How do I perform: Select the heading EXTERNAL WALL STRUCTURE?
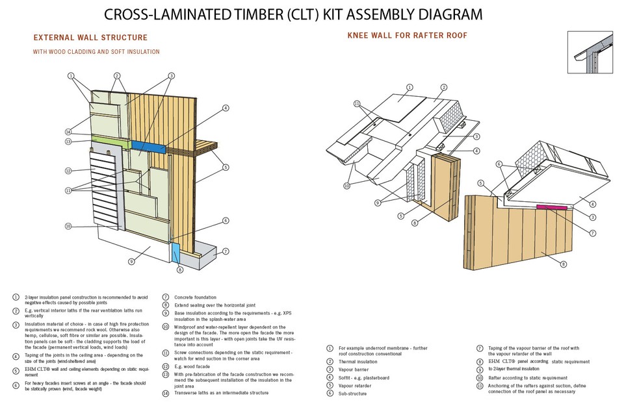[90, 38]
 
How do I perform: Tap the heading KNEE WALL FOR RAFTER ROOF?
[408, 34]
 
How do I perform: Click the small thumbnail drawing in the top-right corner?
[591, 52]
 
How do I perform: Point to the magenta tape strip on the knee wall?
[552, 208]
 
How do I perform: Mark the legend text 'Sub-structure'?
[352, 393]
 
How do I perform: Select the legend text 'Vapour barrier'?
[352, 369]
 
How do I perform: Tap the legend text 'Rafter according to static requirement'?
[527, 377]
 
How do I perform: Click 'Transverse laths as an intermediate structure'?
[221, 393]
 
